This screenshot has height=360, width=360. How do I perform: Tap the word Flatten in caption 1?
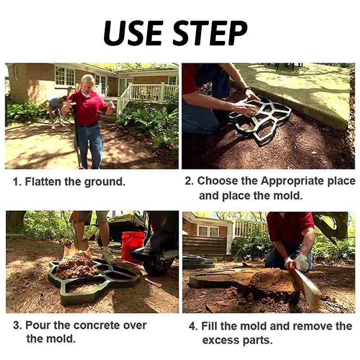[x=43, y=182]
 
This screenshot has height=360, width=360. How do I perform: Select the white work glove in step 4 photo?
[x=298, y=262]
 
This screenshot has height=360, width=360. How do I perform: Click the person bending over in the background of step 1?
[x=55, y=111]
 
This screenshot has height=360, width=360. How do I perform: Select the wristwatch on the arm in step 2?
[x=247, y=88]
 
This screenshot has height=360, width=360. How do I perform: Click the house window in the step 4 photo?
[x=208, y=231]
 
